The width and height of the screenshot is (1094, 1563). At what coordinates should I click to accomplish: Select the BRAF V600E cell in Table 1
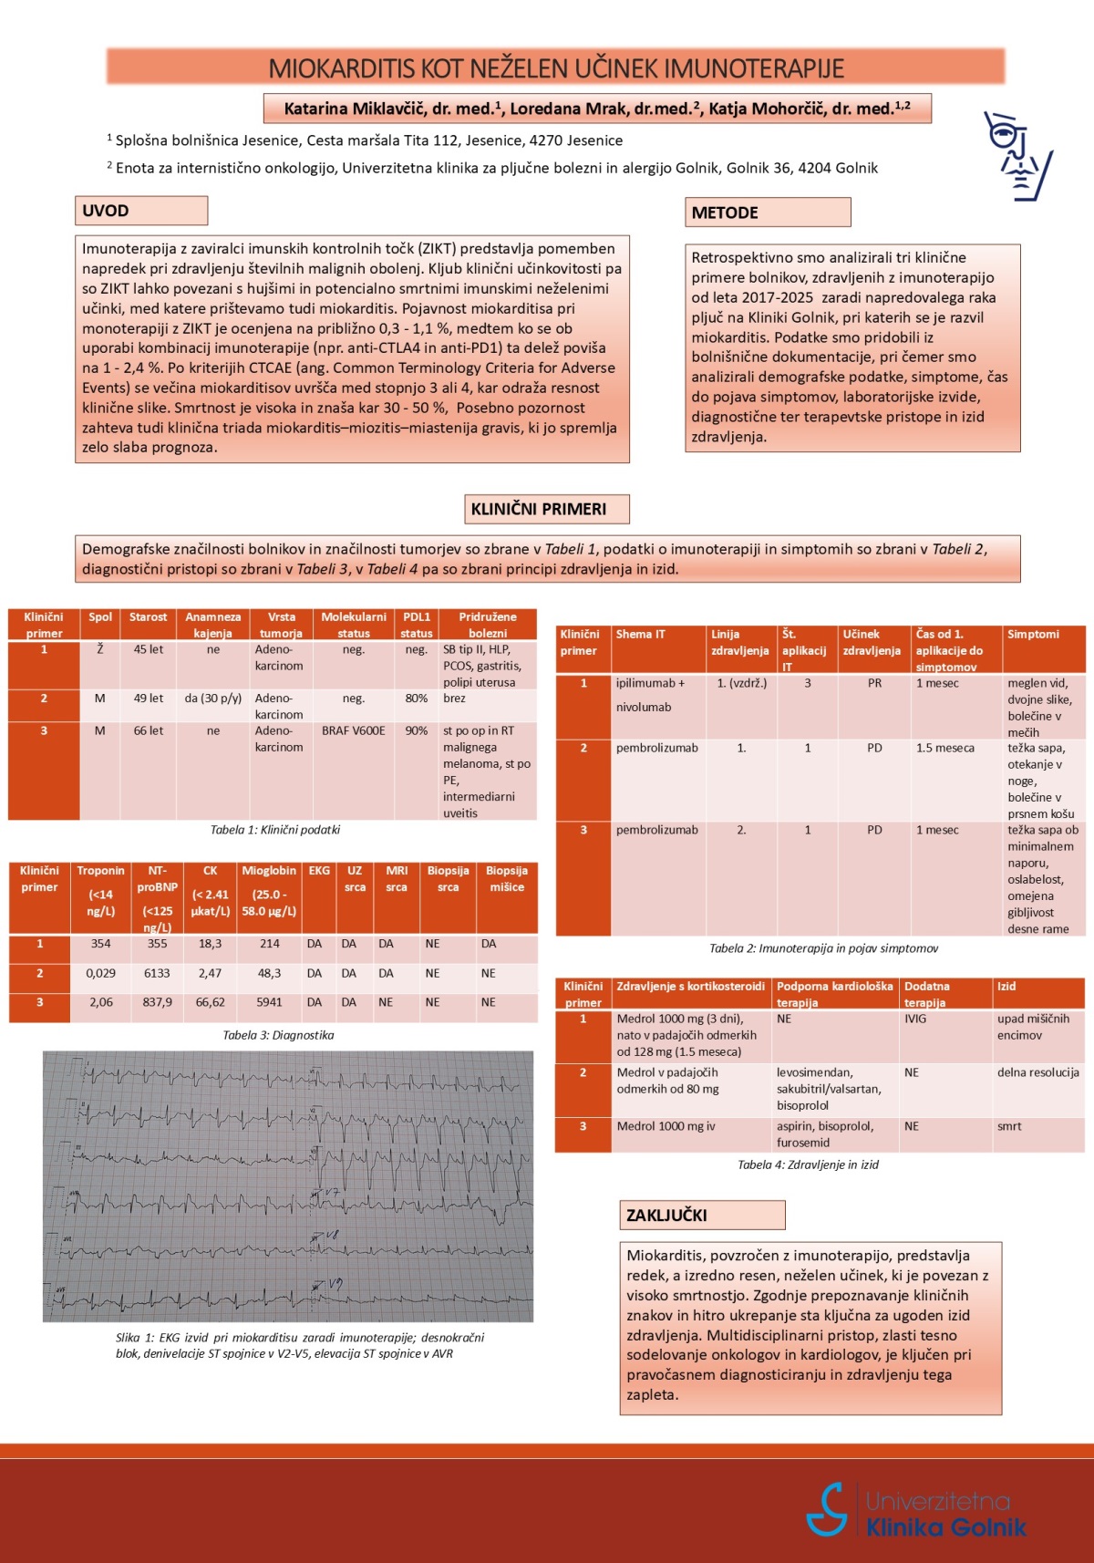[353, 730]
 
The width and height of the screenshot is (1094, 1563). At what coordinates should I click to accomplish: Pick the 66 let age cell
[149, 730]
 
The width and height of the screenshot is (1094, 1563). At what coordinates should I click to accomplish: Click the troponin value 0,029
[100, 973]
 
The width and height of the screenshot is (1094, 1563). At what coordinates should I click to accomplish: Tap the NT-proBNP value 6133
[157, 973]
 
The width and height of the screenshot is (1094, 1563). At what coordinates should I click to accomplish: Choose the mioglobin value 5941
[269, 1002]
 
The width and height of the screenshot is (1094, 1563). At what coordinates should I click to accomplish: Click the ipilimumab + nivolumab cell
[650, 694]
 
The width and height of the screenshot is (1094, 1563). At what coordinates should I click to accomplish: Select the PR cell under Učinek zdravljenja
[874, 683]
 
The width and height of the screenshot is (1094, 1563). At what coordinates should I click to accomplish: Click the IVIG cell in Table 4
[915, 1019]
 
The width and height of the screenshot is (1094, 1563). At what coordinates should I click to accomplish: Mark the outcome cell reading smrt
[1009, 1126]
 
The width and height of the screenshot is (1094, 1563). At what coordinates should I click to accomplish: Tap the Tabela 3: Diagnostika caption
[278, 1035]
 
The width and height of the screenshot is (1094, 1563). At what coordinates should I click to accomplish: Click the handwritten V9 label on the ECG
[335, 1284]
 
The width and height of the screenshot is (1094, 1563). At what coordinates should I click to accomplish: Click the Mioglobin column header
[269, 871]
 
